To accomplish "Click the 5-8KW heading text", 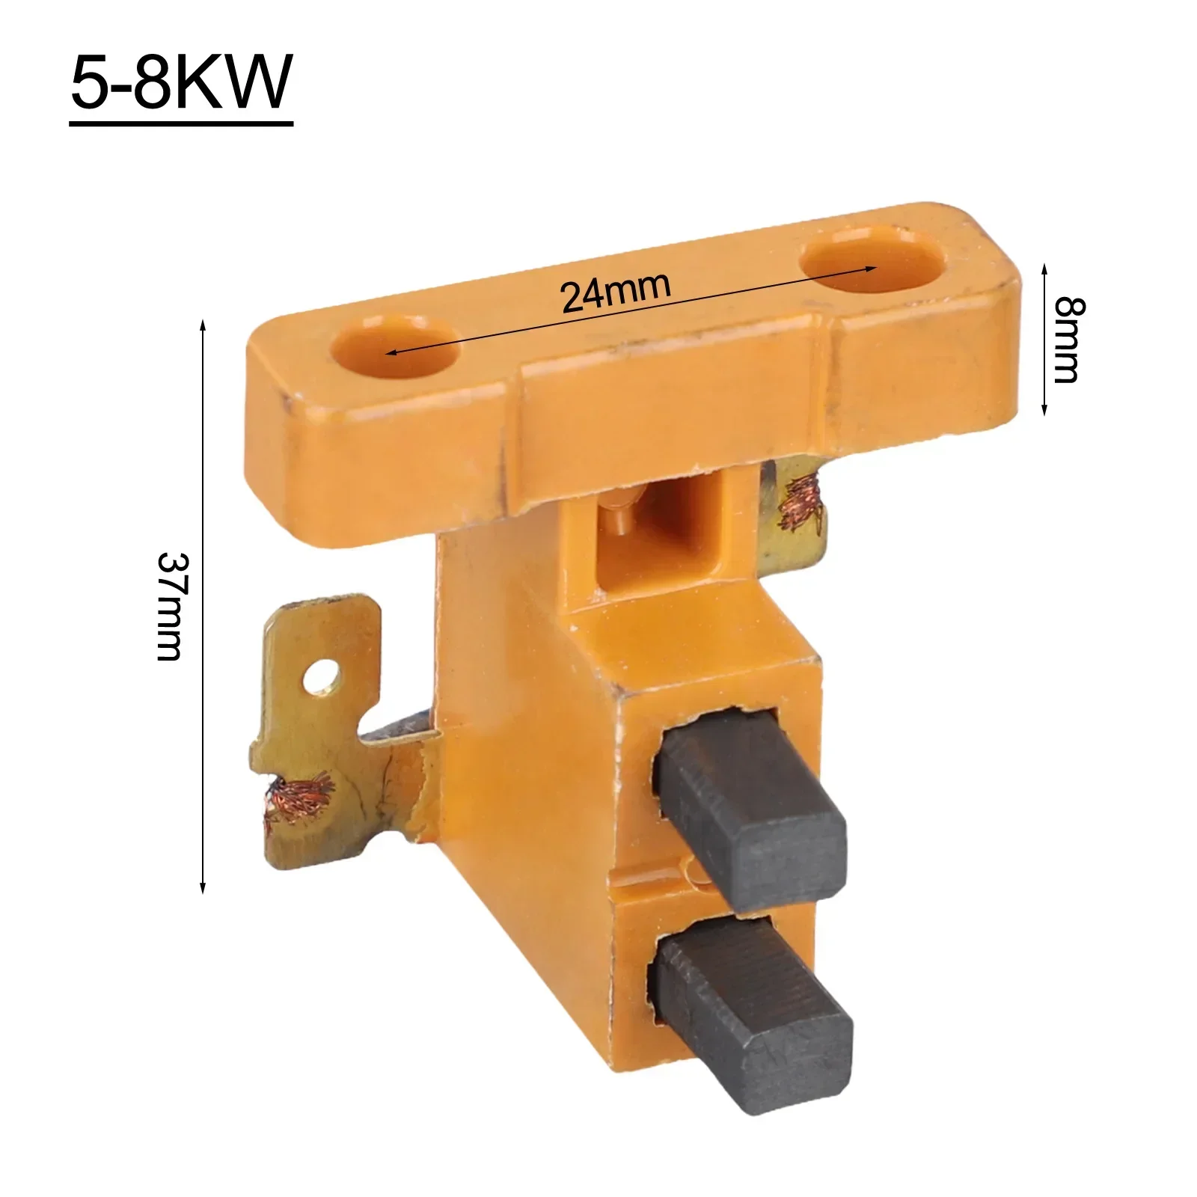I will click(181, 82).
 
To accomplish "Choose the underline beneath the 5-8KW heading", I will click(181, 122).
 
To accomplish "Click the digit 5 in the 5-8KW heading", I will click(88, 82).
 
